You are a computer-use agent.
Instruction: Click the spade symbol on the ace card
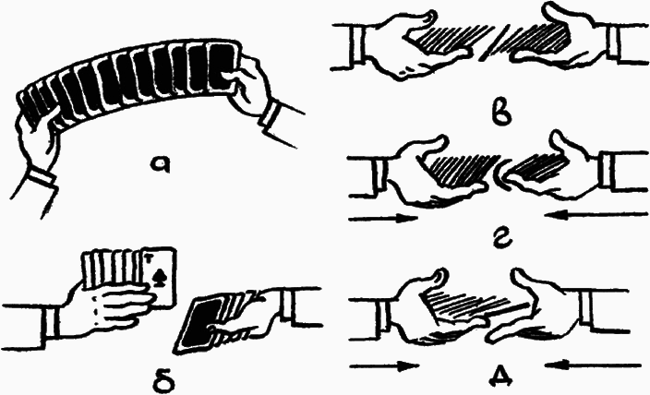pos(159,277)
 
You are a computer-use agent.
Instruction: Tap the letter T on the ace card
pos(148,259)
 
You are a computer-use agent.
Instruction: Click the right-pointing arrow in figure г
pos(383,218)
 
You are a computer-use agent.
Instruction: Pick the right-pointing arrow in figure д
pos(384,366)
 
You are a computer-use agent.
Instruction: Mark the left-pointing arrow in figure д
pos(594,365)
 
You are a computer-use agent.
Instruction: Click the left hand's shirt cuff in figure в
pos(355,45)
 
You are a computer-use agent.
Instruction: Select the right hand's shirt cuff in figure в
pos(617,44)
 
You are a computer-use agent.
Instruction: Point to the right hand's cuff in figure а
pos(271,114)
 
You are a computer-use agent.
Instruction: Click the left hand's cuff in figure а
pos(41,176)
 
